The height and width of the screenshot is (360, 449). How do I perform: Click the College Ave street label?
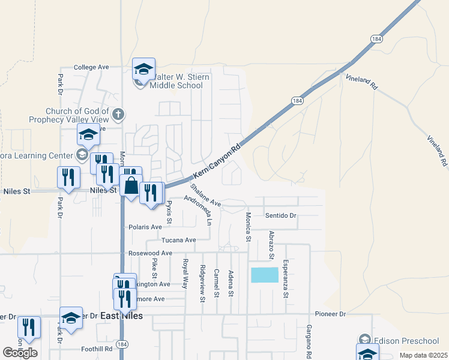(x=91, y=68)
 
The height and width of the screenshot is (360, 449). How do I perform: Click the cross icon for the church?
(x=118, y=113)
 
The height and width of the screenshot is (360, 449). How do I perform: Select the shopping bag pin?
(x=131, y=185)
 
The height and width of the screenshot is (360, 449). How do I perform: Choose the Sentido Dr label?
(x=281, y=215)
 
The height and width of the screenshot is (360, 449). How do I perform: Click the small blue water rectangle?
(x=265, y=275)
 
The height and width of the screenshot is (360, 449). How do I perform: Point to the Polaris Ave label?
(x=145, y=227)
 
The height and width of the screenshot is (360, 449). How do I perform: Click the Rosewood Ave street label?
(x=150, y=253)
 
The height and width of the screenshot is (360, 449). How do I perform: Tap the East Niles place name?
(x=122, y=316)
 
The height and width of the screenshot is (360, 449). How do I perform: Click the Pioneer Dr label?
(x=330, y=314)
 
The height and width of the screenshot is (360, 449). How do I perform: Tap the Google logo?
(x=20, y=353)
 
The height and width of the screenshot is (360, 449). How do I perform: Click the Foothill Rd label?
(x=97, y=349)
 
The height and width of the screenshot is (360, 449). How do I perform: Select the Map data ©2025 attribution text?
(x=423, y=355)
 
